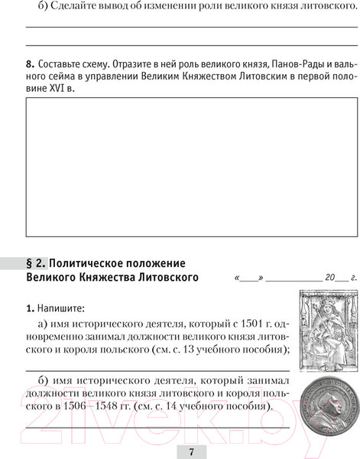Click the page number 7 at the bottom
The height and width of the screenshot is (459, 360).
coord(191,451)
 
